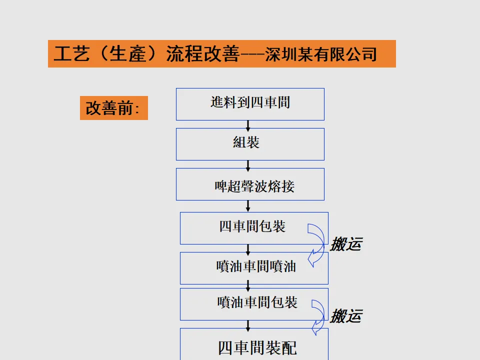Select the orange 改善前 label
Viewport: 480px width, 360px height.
pyautogui.click(x=113, y=108)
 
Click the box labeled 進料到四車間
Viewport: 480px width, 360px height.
pyautogui.click(x=250, y=104)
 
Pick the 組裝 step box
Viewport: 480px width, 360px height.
pyautogui.click(x=250, y=144)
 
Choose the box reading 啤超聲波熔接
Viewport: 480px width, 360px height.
pyautogui.click(x=250, y=184)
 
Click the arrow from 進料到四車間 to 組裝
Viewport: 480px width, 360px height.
pyautogui.click(x=248, y=124)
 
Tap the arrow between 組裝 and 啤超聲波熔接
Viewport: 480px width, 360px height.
pyautogui.click(x=248, y=164)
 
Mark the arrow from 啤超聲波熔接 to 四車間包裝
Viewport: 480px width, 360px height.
pyautogui.click(x=248, y=206)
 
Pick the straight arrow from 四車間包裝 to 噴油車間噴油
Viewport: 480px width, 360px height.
pyautogui.click(x=248, y=248)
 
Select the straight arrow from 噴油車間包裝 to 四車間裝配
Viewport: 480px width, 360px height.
pyautogui.click(x=248, y=324)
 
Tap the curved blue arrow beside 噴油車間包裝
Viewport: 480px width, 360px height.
pyautogui.click(x=319, y=316)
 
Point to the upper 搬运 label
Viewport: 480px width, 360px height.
pyautogui.click(x=346, y=244)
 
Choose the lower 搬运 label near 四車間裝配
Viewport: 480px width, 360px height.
pyautogui.click(x=346, y=316)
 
